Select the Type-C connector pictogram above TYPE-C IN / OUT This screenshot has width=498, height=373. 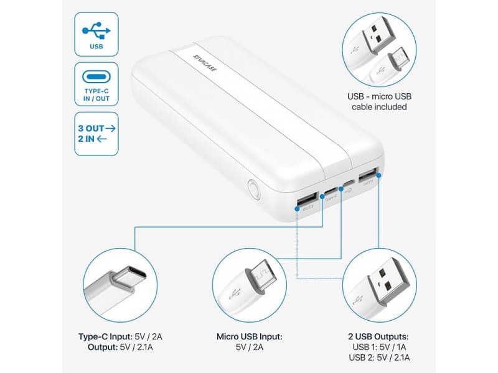[x=96, y=78]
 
